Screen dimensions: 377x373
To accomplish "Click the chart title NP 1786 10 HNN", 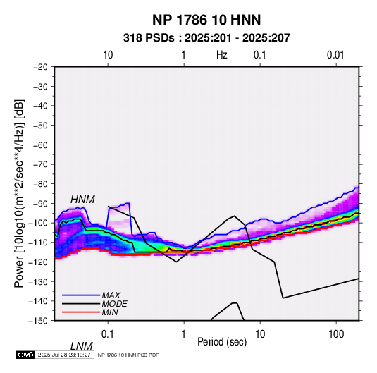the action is tap(206, 20).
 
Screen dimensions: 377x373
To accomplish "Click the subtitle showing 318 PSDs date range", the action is tap(206, 38).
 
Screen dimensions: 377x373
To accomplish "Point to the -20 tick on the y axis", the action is tap(40, 67).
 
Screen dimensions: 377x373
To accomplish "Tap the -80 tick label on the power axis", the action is tap(40, 184).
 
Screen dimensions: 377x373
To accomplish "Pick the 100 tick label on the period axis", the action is tap(336, 334).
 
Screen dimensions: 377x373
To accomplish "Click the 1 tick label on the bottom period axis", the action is tap(184, 334).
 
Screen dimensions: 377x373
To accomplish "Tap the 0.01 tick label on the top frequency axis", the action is tap(335, 55).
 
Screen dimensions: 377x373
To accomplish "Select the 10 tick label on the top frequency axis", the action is tap(108, 55).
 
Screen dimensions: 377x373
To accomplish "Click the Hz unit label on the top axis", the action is tap(222, 55).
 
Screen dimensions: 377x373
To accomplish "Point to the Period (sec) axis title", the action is tap(222, 342).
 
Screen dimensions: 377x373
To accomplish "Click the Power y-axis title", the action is tap(19, 193).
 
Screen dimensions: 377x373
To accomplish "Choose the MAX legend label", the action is tap(111, 295).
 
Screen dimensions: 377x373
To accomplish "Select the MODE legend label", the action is tap(114, 304).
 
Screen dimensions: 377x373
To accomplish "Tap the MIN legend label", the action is tap(110, 312).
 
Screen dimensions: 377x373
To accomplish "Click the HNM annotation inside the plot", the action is tap(82, 200).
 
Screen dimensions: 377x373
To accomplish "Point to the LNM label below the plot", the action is tap(82, 346).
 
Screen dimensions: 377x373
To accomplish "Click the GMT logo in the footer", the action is tap(26, 355).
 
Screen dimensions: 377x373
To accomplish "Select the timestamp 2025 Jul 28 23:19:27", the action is tap(64, 355).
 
